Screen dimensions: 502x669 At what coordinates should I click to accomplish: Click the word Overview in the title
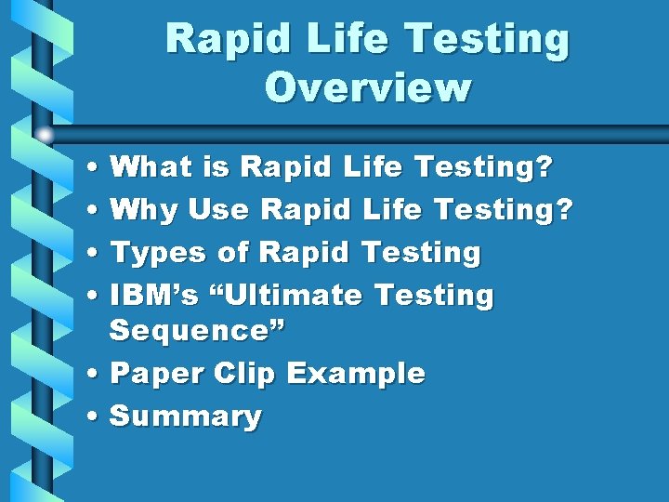368,87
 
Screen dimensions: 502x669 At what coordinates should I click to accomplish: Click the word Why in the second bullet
144,211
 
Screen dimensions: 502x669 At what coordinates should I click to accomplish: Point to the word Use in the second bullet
218,210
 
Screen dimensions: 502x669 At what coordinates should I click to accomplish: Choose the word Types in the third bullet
158,253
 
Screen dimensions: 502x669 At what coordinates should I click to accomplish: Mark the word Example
356,374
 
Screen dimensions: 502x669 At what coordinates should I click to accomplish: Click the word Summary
186,416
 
